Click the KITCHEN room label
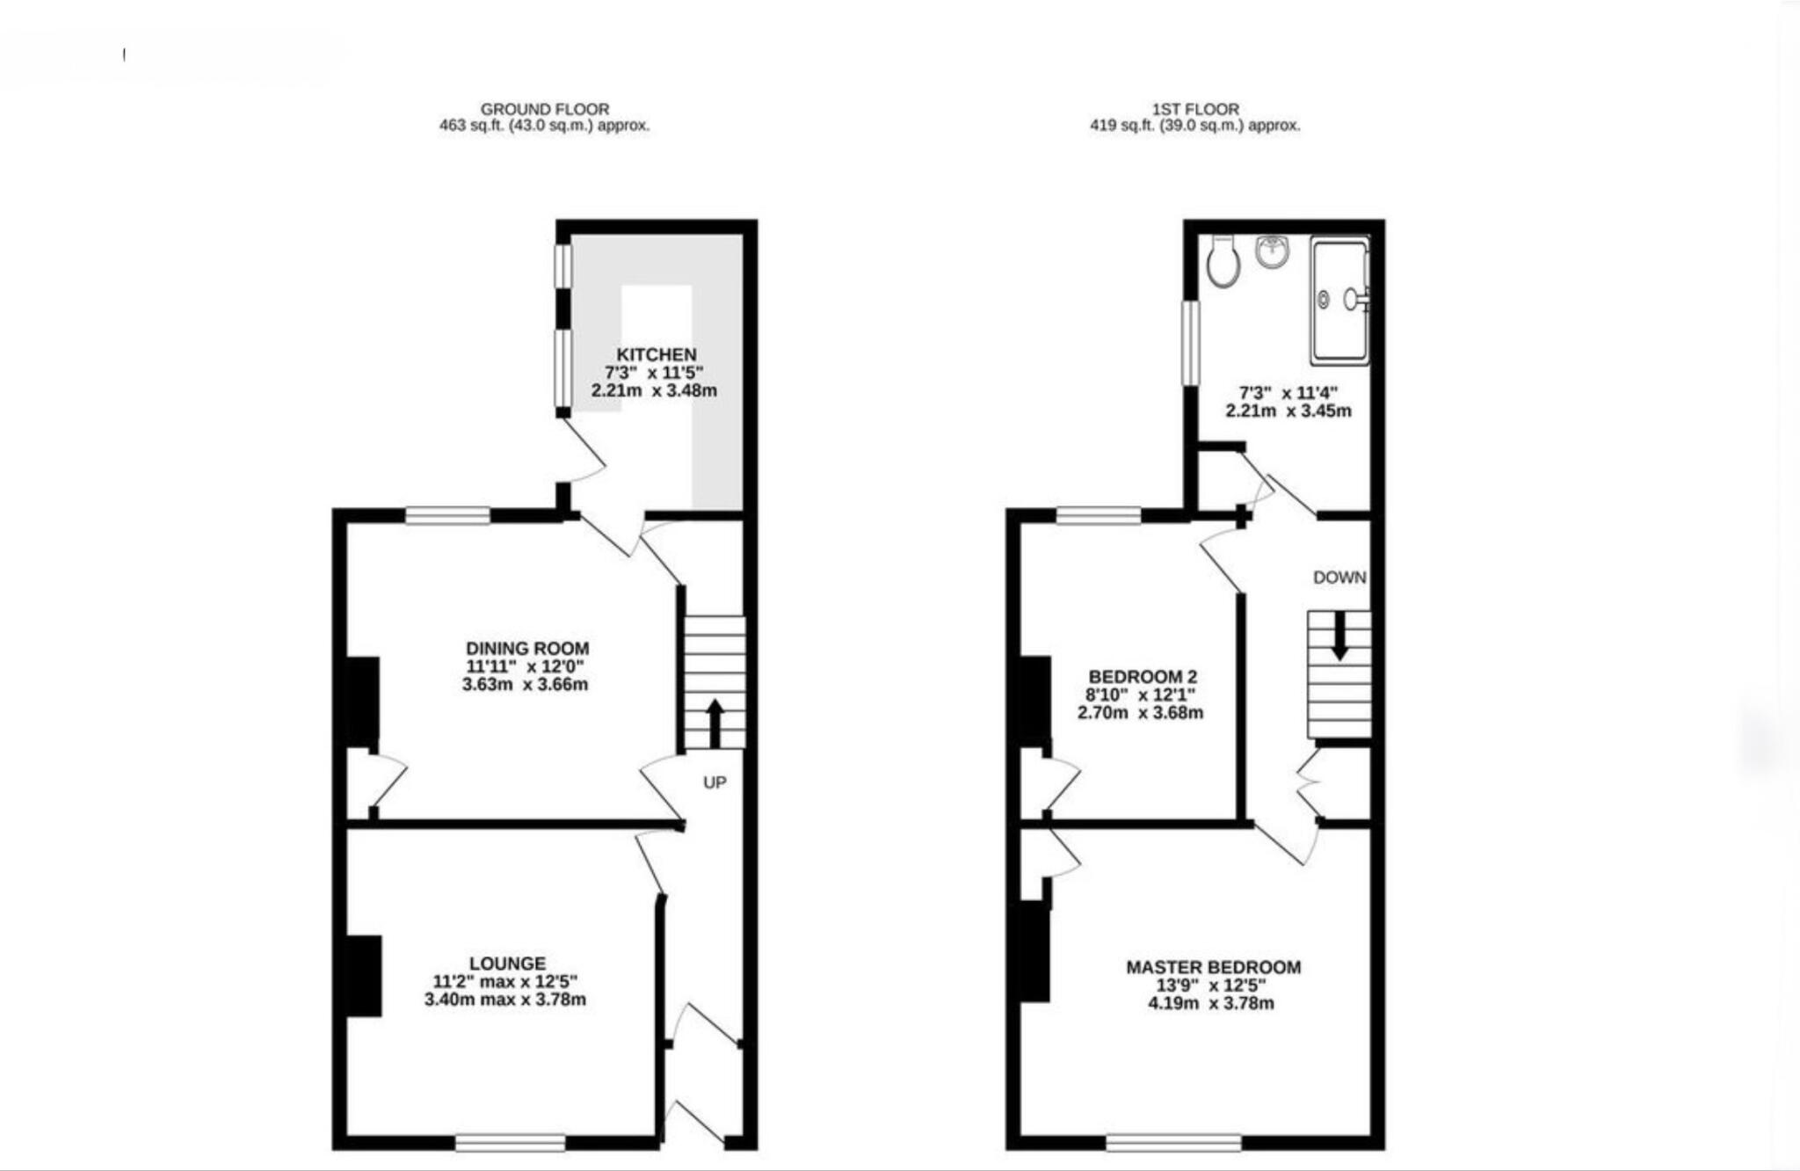coord(656,354)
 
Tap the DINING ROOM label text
coord(527,648)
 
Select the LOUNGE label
coord(507,963)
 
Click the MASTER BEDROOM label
coord(1213,967)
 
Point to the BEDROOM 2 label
coord(1142,676)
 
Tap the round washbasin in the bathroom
coord(1272,251)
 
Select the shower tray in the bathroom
coord(1339,301)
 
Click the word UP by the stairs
coord(715,782)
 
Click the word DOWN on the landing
coord(1339,578)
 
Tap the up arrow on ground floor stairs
coord(715,723)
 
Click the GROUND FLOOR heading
coord(544,109)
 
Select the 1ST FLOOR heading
coord(1195,109)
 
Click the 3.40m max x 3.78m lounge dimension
coord(504,1000)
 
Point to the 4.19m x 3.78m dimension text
coord(1210,1003)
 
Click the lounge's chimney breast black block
coord(364,976)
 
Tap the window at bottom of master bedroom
coord(1173,1142)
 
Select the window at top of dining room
coord(447,515)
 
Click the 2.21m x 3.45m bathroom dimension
coord(1288,411)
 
